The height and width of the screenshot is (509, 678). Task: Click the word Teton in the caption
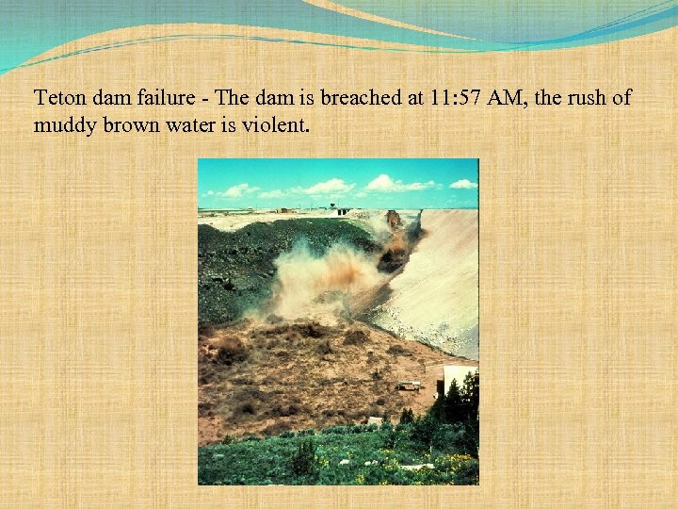pos(57,97)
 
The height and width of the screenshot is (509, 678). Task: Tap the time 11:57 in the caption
pos(452,97)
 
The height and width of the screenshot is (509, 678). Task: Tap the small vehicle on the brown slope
pos(409,386)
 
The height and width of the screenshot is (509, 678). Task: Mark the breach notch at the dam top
pos(393,222)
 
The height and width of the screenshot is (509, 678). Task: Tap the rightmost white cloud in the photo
pos(462,184)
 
